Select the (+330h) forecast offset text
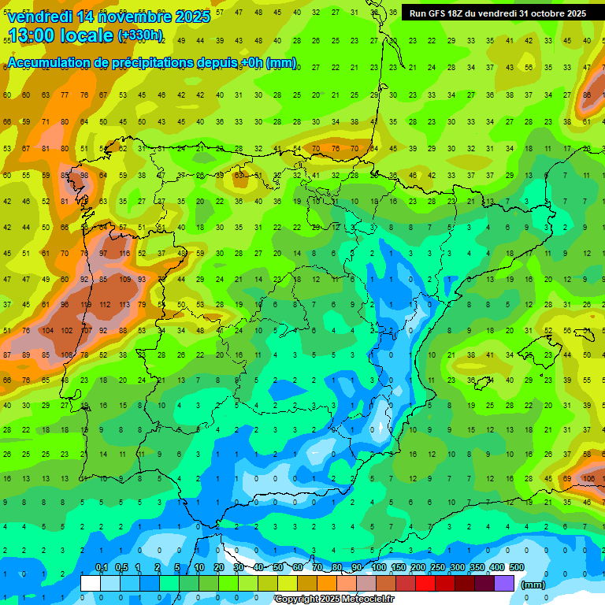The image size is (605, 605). point(140,35)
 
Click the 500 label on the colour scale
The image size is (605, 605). point(517,567)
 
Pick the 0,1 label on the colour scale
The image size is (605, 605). point(102,567)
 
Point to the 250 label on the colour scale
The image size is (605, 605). point(438,567)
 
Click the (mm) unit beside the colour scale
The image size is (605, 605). point(533,585)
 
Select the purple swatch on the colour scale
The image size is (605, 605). point(504,583)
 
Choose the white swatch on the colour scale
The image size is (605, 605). point(91,583)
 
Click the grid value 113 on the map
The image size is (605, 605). point(124,305)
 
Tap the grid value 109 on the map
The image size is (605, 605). point(124,279)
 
